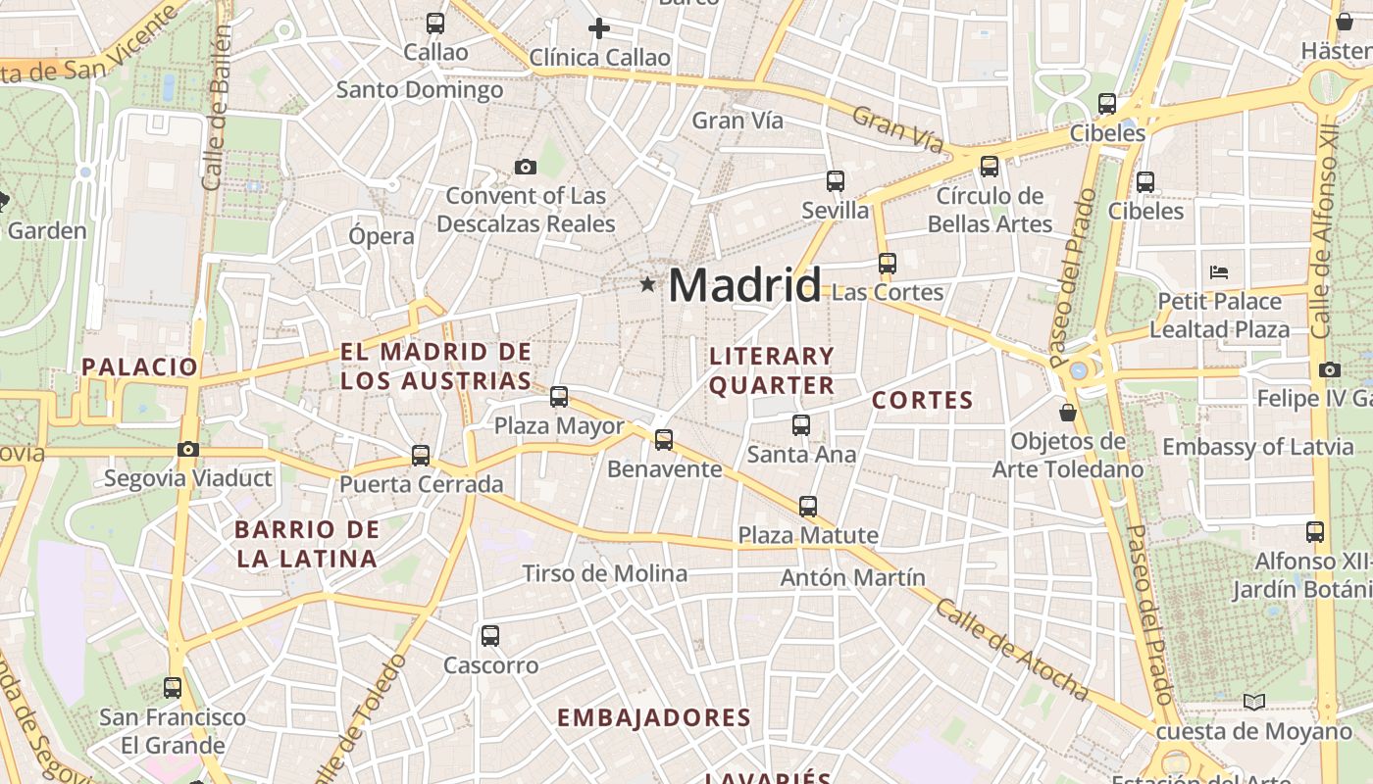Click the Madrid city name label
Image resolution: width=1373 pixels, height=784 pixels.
coord(744,285)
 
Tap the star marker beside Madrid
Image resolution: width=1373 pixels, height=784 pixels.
coord(647,284)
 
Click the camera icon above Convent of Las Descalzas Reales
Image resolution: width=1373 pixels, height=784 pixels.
coord(526,167)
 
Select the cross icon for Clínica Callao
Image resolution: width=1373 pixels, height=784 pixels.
coord(598,28)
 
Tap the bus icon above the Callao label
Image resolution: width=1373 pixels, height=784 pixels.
coord(435,23)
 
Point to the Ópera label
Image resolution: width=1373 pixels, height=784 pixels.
coord(381,236)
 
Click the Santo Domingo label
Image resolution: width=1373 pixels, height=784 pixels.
coord(420,90)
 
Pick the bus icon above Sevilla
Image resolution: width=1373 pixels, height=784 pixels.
coord(836,180)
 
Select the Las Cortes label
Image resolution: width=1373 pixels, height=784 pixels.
coord(887,292)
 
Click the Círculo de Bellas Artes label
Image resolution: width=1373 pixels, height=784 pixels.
coord(990,210)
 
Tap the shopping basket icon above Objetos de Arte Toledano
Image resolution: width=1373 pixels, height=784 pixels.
coord(1068,413)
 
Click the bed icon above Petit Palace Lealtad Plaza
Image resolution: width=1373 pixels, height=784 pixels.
coord(1219,271)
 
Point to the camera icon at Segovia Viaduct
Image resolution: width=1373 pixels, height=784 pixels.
coord(188,449)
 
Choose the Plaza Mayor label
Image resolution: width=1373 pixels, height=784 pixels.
coord(559,426)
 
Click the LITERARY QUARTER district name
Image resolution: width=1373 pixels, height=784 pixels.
coord(772,370)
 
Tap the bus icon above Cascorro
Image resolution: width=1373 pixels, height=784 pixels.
coord(490,635)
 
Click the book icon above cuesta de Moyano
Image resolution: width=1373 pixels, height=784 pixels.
coord(1253,702)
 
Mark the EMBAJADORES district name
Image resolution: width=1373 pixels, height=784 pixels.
coord(654,717)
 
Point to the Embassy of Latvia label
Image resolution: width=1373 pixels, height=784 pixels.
coord(1257,447)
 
